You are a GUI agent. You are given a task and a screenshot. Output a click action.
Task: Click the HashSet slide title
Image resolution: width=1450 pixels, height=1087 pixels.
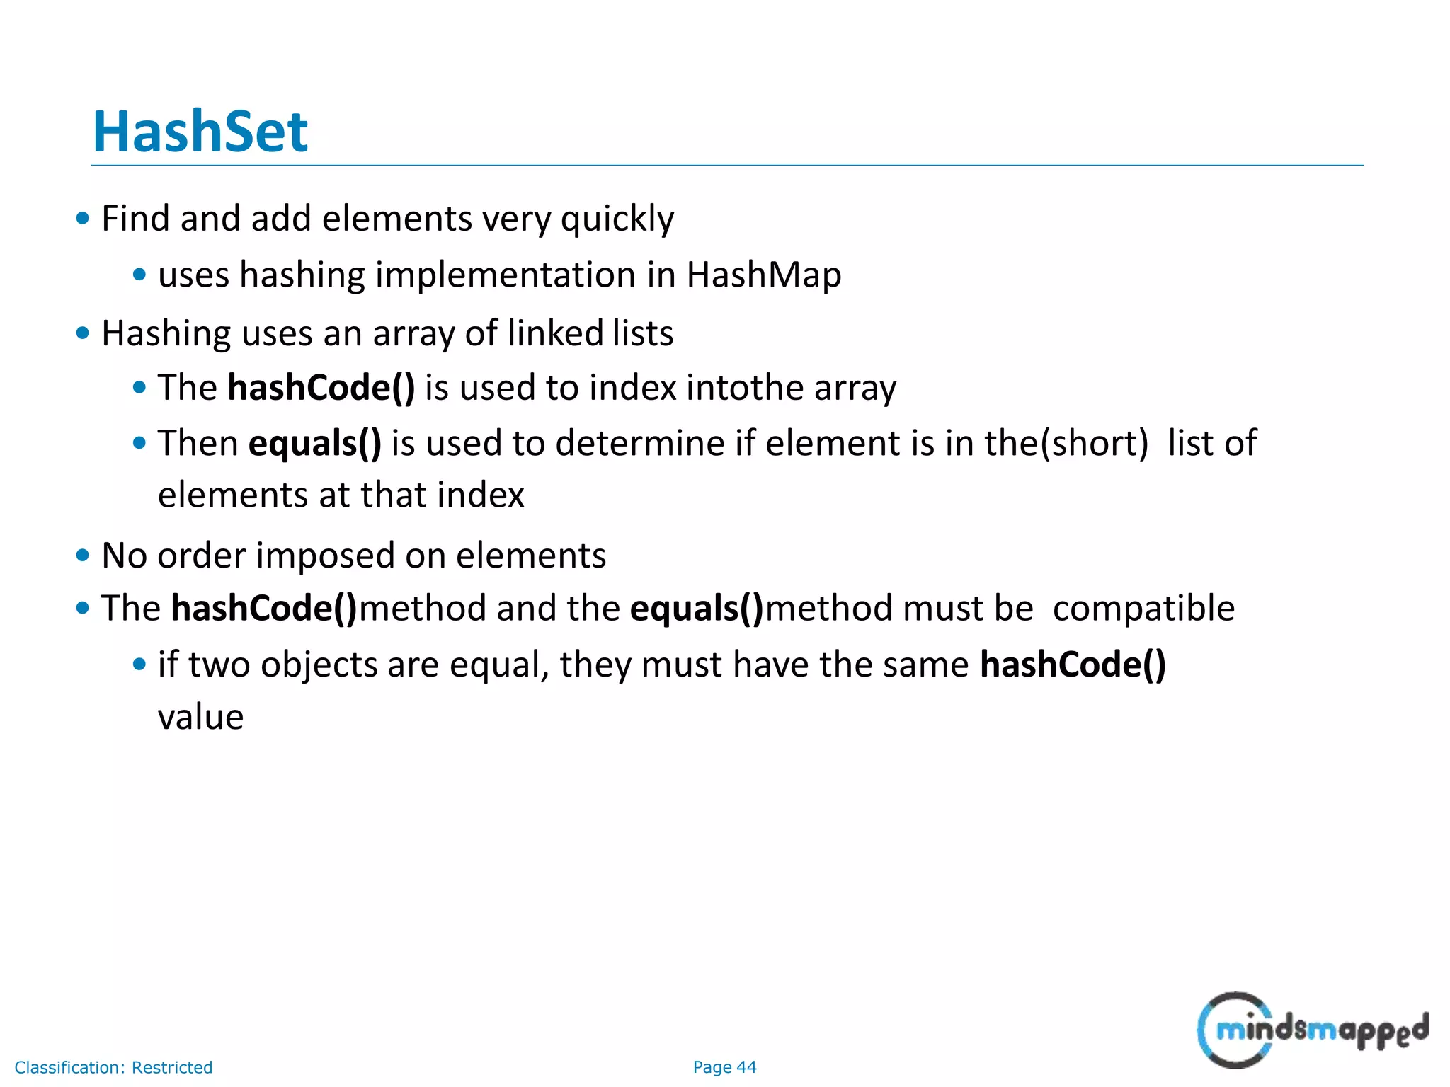pos(200,132)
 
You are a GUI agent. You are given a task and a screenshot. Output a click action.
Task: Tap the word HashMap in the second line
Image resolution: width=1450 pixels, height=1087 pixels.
pos(763,275)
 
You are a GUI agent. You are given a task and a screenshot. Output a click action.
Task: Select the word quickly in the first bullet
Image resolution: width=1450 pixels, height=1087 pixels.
pos(617,219)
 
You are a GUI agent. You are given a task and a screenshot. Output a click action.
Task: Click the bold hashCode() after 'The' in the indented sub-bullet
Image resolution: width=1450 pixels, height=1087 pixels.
pos(321,388)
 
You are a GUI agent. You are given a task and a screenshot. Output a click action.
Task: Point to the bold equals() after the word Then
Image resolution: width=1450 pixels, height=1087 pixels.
pos(314,443)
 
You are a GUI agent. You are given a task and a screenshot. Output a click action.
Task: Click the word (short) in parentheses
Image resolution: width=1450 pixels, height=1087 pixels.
pos(1094,443)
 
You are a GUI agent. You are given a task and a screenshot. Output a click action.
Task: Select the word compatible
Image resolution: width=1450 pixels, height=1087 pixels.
pos(1143,609)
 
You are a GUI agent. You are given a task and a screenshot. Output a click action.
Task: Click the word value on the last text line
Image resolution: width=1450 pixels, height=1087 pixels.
pos(200,717)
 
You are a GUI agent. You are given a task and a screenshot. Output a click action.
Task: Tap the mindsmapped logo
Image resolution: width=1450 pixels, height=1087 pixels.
pos(1312,1030)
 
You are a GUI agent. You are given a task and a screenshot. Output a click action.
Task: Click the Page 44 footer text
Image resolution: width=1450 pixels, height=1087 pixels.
pos(724,1067)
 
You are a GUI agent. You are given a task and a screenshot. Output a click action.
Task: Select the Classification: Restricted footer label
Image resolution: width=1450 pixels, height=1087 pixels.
pos(113,1067)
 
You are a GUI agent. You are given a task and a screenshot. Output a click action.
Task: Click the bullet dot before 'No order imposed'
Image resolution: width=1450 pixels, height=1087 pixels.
pos(83,556)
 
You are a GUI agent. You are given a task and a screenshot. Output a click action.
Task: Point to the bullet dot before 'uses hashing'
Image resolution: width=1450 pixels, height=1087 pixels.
pos(139,275)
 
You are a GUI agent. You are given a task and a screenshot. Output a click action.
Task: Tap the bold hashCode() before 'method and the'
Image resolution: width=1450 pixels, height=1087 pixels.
pos(264,609)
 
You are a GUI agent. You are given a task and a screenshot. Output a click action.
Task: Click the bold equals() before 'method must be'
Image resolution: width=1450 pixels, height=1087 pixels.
pos(697,609)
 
